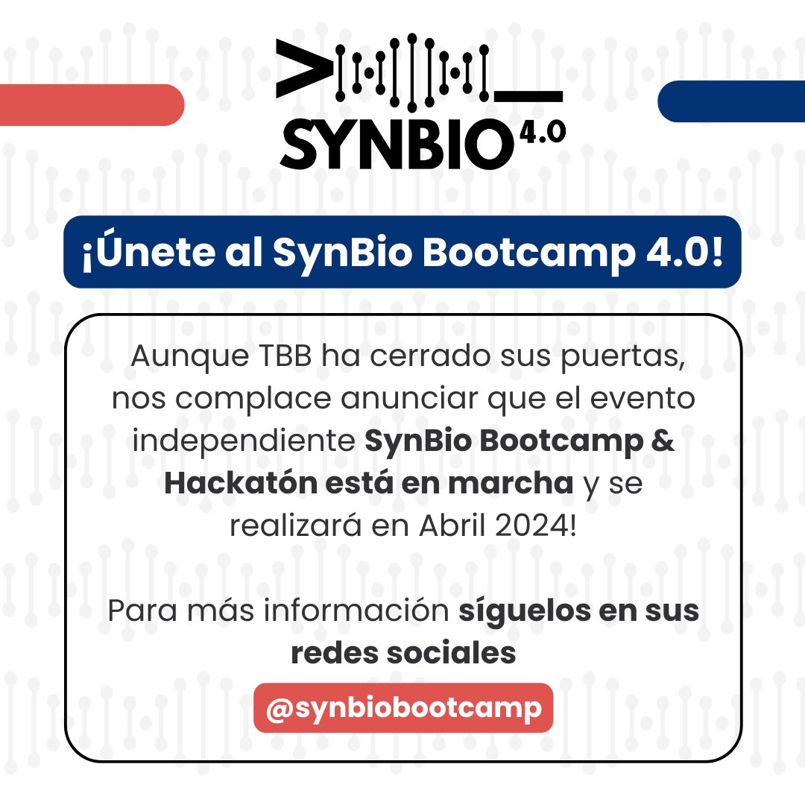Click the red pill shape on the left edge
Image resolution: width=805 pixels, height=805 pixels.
click(89, 104)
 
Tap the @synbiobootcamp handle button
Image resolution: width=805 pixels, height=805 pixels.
click(403, 708)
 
